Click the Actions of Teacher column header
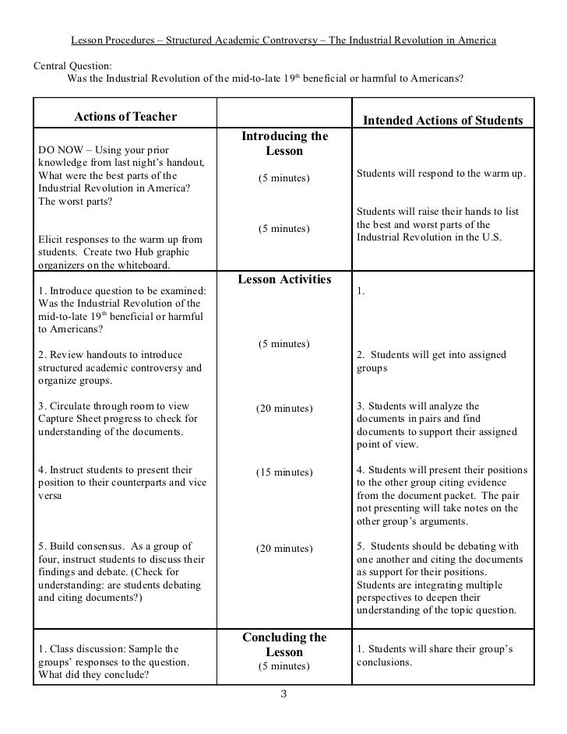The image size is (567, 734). pos(125,117)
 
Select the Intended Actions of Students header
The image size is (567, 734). pos(444,121)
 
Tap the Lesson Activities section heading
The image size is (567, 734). pos(284,279)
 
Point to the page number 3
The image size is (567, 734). pos(283,694)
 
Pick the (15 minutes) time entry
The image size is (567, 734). pos(284,472)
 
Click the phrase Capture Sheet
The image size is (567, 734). pos(69,420)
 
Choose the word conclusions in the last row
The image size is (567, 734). pos(384,663)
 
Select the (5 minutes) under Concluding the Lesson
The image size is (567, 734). pos(284,666)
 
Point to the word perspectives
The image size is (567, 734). pos(385,597)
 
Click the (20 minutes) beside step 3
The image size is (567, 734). pos(284,409)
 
